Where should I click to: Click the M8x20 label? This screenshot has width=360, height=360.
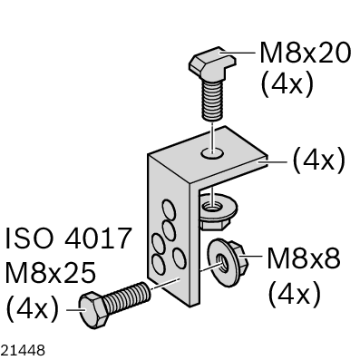[x=306, y=53]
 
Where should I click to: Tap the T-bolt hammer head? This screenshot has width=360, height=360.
[x=213, y=63]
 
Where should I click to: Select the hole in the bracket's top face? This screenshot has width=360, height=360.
[x=213, y=153]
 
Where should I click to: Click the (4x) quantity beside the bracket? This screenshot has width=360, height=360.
[x=318, y=161]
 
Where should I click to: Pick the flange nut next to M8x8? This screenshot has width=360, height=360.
[x=227, y=259]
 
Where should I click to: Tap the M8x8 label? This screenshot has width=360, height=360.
[x=304, y=258]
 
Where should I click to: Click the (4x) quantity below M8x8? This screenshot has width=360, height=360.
[x=294, y=294]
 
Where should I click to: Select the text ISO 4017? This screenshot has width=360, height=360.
[x=69, y=238]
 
